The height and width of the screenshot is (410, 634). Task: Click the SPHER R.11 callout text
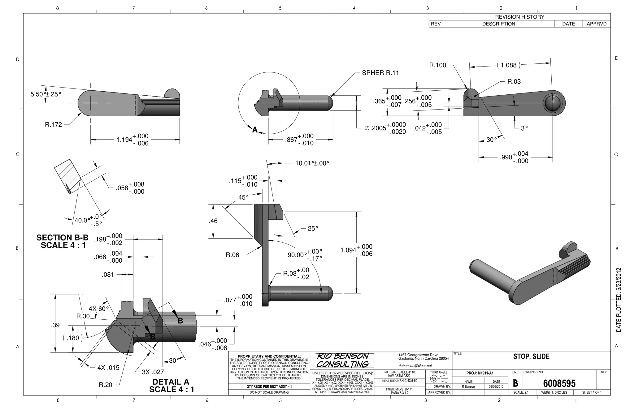pyautogui.click(x=380, y=73)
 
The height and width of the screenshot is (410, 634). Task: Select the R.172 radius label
pyautogui.click(x=53, y=125)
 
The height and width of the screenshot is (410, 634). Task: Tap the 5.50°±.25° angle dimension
pyautogui.click(x=46, y=94)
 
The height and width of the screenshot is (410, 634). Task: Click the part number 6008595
pyautogui.click(x=559, y=384)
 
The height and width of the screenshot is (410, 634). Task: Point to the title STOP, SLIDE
pyautogui.click(x=531, y=356)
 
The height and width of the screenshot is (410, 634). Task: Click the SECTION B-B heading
pyautogui.click(x=62, y=238)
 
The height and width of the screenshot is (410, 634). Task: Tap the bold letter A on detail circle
pyautogui.click(x=255, y=130)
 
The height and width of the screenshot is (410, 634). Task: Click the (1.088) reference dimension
pyautogui.click(x=508, y=65)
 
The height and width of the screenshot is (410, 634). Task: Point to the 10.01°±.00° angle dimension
pyautogui.click(x=312, y=163)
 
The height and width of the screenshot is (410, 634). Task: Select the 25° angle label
pyautogui.click(x=313, y=228)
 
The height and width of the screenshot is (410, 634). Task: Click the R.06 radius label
pyautogui.click(x=232, y=255)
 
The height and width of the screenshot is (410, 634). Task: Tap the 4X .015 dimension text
pyautogui.click(x=108, y=368)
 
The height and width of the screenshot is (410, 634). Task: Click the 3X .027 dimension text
pyautogui.click(x=153, y=372)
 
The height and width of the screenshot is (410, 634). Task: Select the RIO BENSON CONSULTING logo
pyautogui.click(x=342, y=360)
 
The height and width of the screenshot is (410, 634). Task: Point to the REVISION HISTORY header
pyautogui.click(x=519, y=17)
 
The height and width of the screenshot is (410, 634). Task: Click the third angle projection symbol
pyautogui.click(x=438, y=378)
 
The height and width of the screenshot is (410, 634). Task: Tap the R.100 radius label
pyautogui.click(x=437, y=65)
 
